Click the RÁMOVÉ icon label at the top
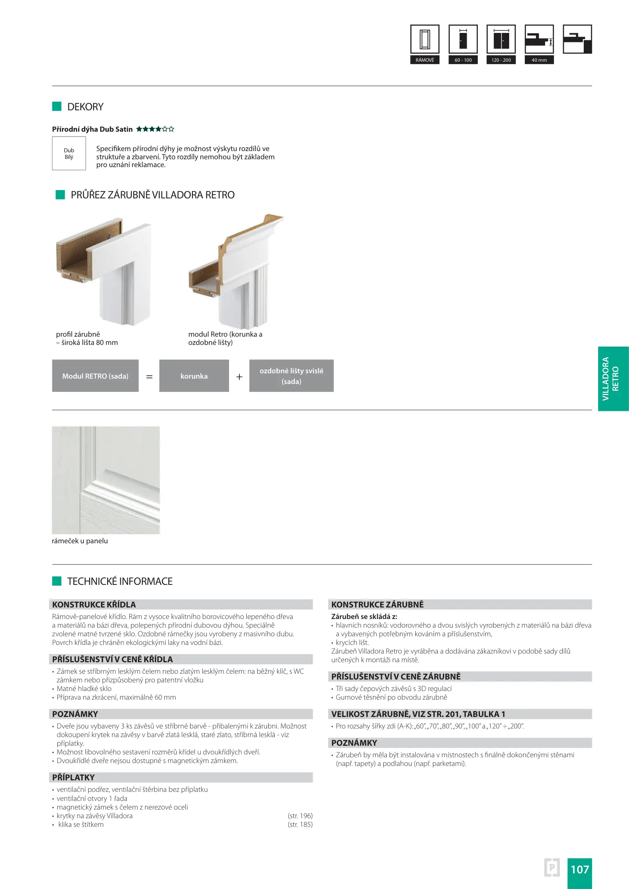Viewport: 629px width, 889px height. [x=425, y=60]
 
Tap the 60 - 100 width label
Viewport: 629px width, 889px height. [x=463, y=60]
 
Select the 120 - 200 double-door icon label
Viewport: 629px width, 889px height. [x=501, y=60]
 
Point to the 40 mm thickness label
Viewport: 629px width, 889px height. [x=539, y=60]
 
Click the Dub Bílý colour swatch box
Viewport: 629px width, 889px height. [x=69, y=154]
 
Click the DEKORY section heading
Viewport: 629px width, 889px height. [x=85, y=107]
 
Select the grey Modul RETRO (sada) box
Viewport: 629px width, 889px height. [x=95, y=376]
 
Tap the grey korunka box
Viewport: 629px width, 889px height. [x=194, y=376]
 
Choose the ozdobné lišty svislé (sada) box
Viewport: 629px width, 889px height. [x=291, y=376]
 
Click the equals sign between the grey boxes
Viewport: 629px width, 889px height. [x=150, y=377]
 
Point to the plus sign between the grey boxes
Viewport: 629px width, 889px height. [x=239, y=377]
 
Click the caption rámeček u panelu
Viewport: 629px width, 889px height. [x=80, y=541]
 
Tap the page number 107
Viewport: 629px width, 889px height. [x=580, y=869]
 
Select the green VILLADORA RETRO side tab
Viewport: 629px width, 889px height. [x=613, y=379]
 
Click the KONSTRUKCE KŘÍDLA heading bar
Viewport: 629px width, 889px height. [x=181, y=604]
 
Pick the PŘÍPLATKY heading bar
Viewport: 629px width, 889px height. [x=181, y=777]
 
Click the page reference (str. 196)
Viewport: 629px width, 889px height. [x=300, y=816]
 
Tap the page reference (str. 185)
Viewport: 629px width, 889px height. [x=300, y=824]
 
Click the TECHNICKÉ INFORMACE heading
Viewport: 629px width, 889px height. [x=120, y=581]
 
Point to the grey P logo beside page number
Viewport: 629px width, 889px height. [x=552, y=868]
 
